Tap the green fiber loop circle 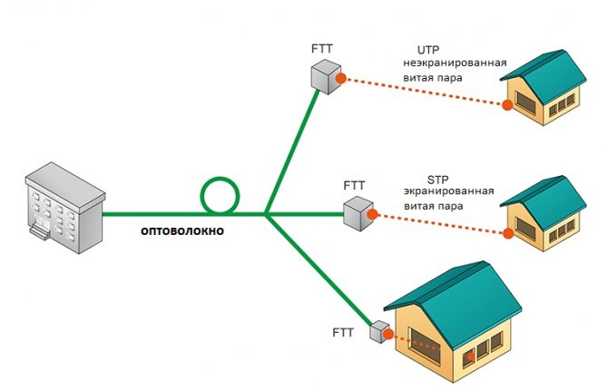pyautogui.click(x=217, y=194)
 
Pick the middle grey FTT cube pyautogui.click(x=357, y=213)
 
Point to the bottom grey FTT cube pyautogui.click(x=378, y=331)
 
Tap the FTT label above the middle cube pyautogui.click(x=354, y=186)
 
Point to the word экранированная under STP pyautogui.click(x=449, y=192)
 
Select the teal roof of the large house pyautogui.click(x=454, y=290)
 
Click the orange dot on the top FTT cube pyautogui.click(x=340, y=79)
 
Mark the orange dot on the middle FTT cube pyautogui.click(x=373, y=213)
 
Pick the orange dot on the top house pyautogui.click(x=507, y=105)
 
